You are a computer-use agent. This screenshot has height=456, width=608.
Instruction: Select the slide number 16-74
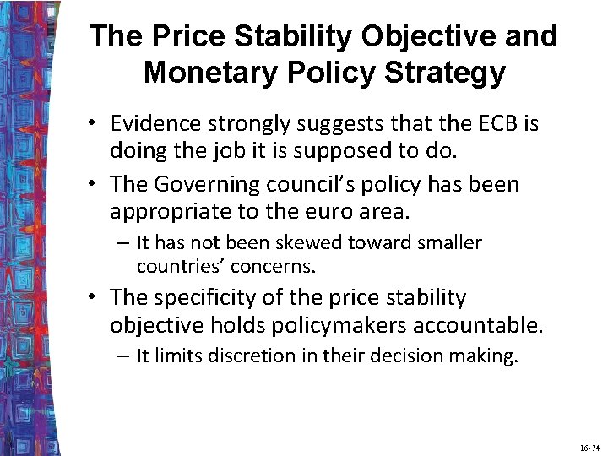(589, 448)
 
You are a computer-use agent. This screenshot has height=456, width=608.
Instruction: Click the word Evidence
(155, 123)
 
